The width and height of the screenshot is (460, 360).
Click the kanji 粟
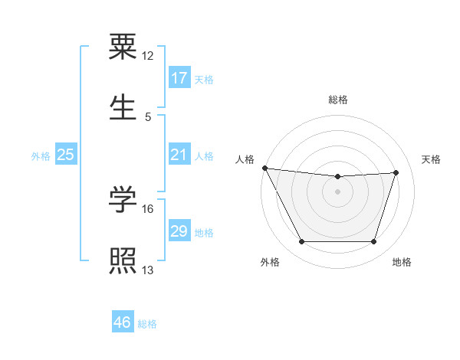[x=123, y=47]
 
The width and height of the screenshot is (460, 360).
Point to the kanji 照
[x=123, y=260]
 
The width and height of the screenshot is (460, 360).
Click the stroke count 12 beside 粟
[x=148, y=56]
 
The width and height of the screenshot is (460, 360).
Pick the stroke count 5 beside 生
[x=148, y=116]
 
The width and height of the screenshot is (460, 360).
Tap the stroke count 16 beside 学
[x=148, y=208]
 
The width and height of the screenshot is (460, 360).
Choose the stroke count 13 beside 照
[x=148, y=270]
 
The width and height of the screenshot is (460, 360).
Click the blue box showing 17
[x=179, y=78]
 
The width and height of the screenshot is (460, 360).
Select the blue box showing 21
[x=179, y=155]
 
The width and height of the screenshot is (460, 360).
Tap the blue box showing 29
[x=179, y=231]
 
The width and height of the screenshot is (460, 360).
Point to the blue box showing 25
[x=66, y=155]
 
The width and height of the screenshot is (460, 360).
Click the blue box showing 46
[x=123, y=322]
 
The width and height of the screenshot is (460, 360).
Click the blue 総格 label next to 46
[x=147, y=324]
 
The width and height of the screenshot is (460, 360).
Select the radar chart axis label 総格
[x=338, y=100]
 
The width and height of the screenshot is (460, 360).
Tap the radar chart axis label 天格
[x=432, y=159]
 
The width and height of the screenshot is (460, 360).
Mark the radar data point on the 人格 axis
[x=265, y=168]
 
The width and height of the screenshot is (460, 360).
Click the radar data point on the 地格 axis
[x=374, y=242]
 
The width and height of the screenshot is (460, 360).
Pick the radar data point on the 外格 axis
[x=301, y=242]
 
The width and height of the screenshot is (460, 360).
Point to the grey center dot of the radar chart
[x=338, y=191]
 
